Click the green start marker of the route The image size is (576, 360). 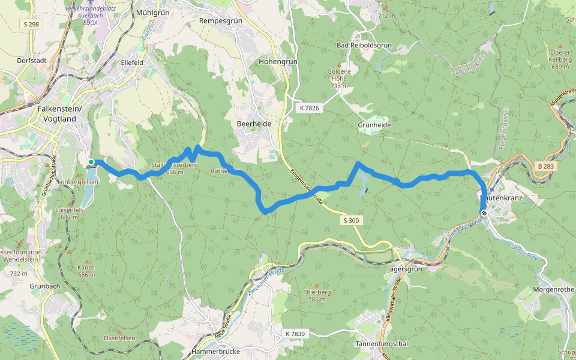coord(91,162)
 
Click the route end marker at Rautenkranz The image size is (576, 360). coord(484,212)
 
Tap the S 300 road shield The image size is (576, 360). coord(352,221)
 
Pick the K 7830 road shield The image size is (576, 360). coord(295,334)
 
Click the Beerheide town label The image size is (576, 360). coord(254,124)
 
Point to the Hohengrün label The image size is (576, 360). coord(278,61)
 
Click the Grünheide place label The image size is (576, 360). coord(374,125)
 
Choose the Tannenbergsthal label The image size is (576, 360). coord(382,344)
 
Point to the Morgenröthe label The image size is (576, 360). coord(553,289)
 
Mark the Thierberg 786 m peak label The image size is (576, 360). coord(318,296)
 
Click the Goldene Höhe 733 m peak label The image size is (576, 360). coord(339,79)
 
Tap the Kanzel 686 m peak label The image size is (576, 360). coord(87,271)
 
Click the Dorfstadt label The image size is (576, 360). coord(32,61)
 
